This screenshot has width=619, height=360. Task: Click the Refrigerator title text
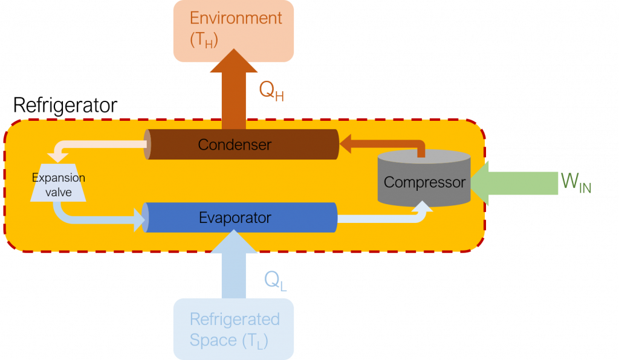coord(65,105)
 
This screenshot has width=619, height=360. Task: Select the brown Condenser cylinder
coord(241,144)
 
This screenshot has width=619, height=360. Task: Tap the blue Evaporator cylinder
coord(239,217)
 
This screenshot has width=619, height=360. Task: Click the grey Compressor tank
coord(424,178)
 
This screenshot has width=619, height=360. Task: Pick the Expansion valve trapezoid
coord(59,182)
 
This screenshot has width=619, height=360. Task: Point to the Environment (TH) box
coord(234,31)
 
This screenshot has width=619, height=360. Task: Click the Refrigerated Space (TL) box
coord(234,329)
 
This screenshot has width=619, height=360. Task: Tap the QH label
coord(271,91)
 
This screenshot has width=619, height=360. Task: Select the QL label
coord(275,281)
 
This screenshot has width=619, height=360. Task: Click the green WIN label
coord(576,183)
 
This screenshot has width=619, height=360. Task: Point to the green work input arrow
coord(514,184)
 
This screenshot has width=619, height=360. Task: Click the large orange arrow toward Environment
coord(234,89)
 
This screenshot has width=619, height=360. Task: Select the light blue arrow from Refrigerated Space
coord(234,264)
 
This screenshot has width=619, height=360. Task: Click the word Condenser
coord(235,145)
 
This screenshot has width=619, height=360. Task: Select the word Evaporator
coord(235,217)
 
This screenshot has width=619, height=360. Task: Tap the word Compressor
coord(425,182)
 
